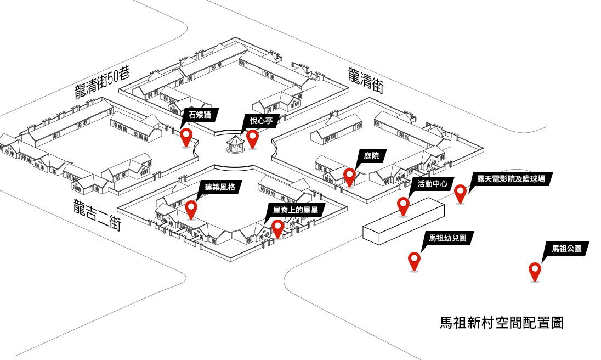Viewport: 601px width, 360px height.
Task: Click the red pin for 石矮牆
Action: click(186, 136)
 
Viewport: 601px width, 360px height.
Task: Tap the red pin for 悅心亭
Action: click(252, 137)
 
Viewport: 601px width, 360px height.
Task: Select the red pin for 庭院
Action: click(349, 176)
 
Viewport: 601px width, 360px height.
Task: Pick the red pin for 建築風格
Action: click(191, 208)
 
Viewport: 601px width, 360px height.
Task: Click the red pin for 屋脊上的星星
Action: click(277, 227)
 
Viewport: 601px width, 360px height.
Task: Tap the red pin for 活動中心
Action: click(403, 205)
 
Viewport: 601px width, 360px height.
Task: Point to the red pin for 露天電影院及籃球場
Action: click(460, 192)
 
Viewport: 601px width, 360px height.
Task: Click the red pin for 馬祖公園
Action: click(535, 270)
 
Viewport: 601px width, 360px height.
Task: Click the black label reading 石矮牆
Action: click(200, 114)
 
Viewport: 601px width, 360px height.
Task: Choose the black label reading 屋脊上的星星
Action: click(295, 209)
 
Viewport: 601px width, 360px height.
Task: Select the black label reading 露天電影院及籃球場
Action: click(511, 179)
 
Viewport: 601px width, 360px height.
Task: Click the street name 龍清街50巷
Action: click(103, 84)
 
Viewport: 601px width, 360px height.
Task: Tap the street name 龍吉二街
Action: click(97, 214)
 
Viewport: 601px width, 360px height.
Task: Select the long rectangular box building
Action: click(403, 221)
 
